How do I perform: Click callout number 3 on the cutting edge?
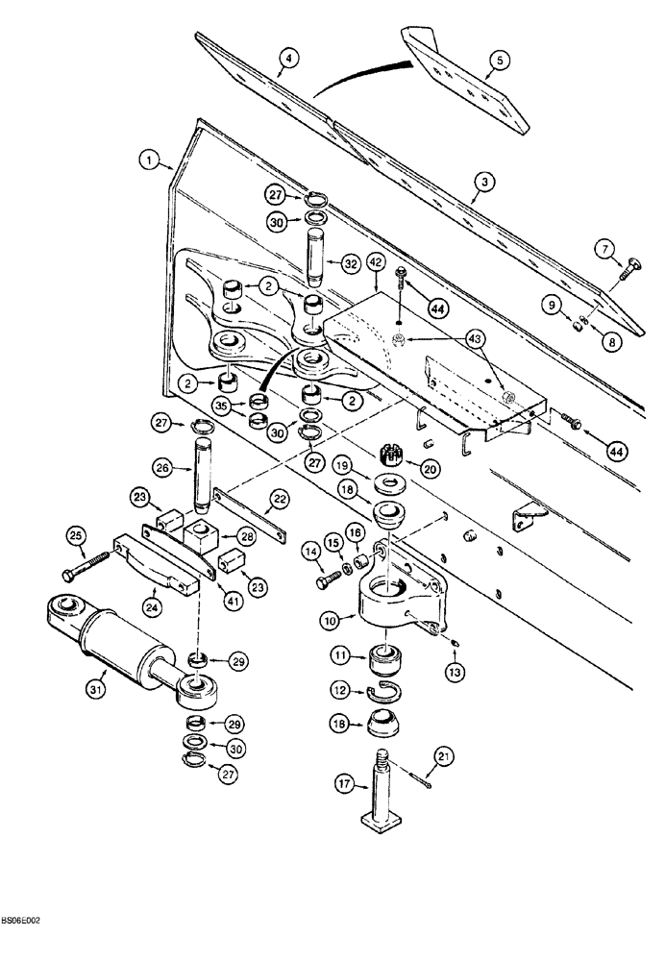[484, 182]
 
